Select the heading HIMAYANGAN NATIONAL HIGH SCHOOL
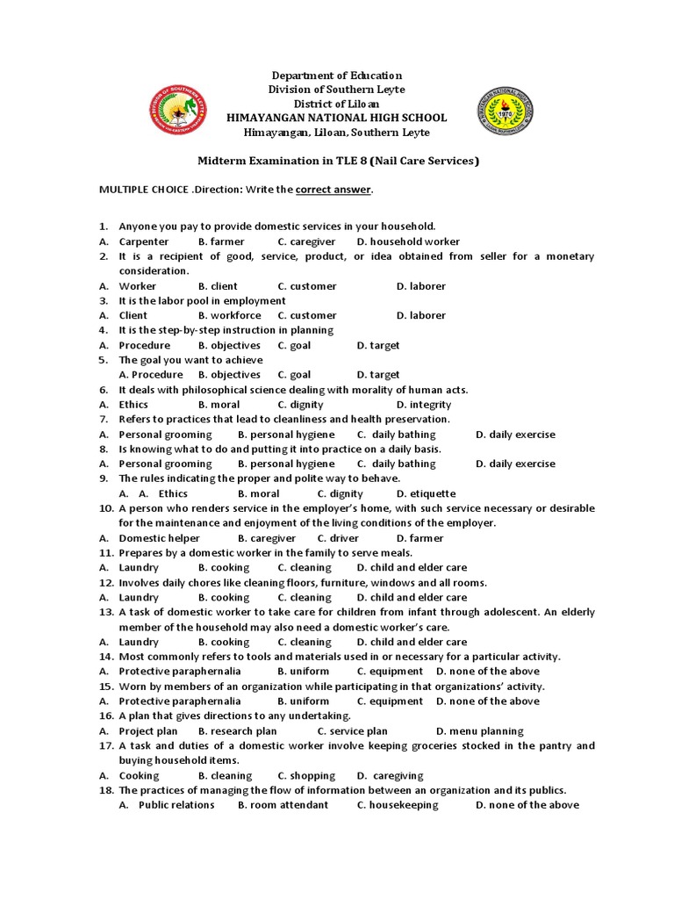[336, 118]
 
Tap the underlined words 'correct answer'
[333, 189]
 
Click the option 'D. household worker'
[408, 241]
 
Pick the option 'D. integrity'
[424, 405]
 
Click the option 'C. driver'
[338, 538]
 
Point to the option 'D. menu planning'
[479, 730]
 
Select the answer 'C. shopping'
[306, 775]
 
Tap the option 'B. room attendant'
[283, 805]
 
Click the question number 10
[105, 508]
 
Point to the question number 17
[105, 745]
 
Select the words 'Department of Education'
[336, 76]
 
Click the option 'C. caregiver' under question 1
[306, 241]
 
